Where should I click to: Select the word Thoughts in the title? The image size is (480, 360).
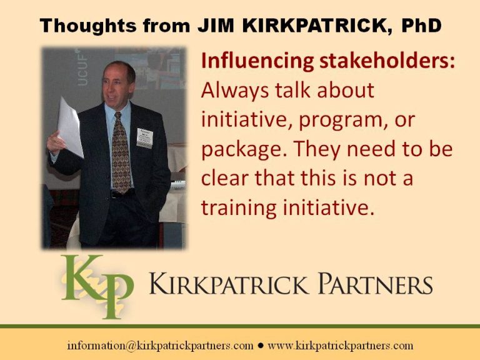(x=88, y=26)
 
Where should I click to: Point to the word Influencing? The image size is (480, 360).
(x=257, y=61)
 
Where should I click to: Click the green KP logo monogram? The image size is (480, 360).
(x=97, y=286)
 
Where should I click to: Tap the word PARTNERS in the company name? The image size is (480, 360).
(x=375, y=284)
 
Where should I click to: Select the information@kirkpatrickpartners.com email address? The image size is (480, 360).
(x=160, y=345)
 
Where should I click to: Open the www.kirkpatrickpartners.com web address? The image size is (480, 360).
(x=341, y=345)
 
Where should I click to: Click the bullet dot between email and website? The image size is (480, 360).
(x=261, y=346)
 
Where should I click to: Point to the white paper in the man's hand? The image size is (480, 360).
(x=70, y=127)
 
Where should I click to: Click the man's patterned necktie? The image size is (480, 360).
(x=121, y=153)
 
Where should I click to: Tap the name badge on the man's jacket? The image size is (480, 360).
(x=145, y=138)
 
